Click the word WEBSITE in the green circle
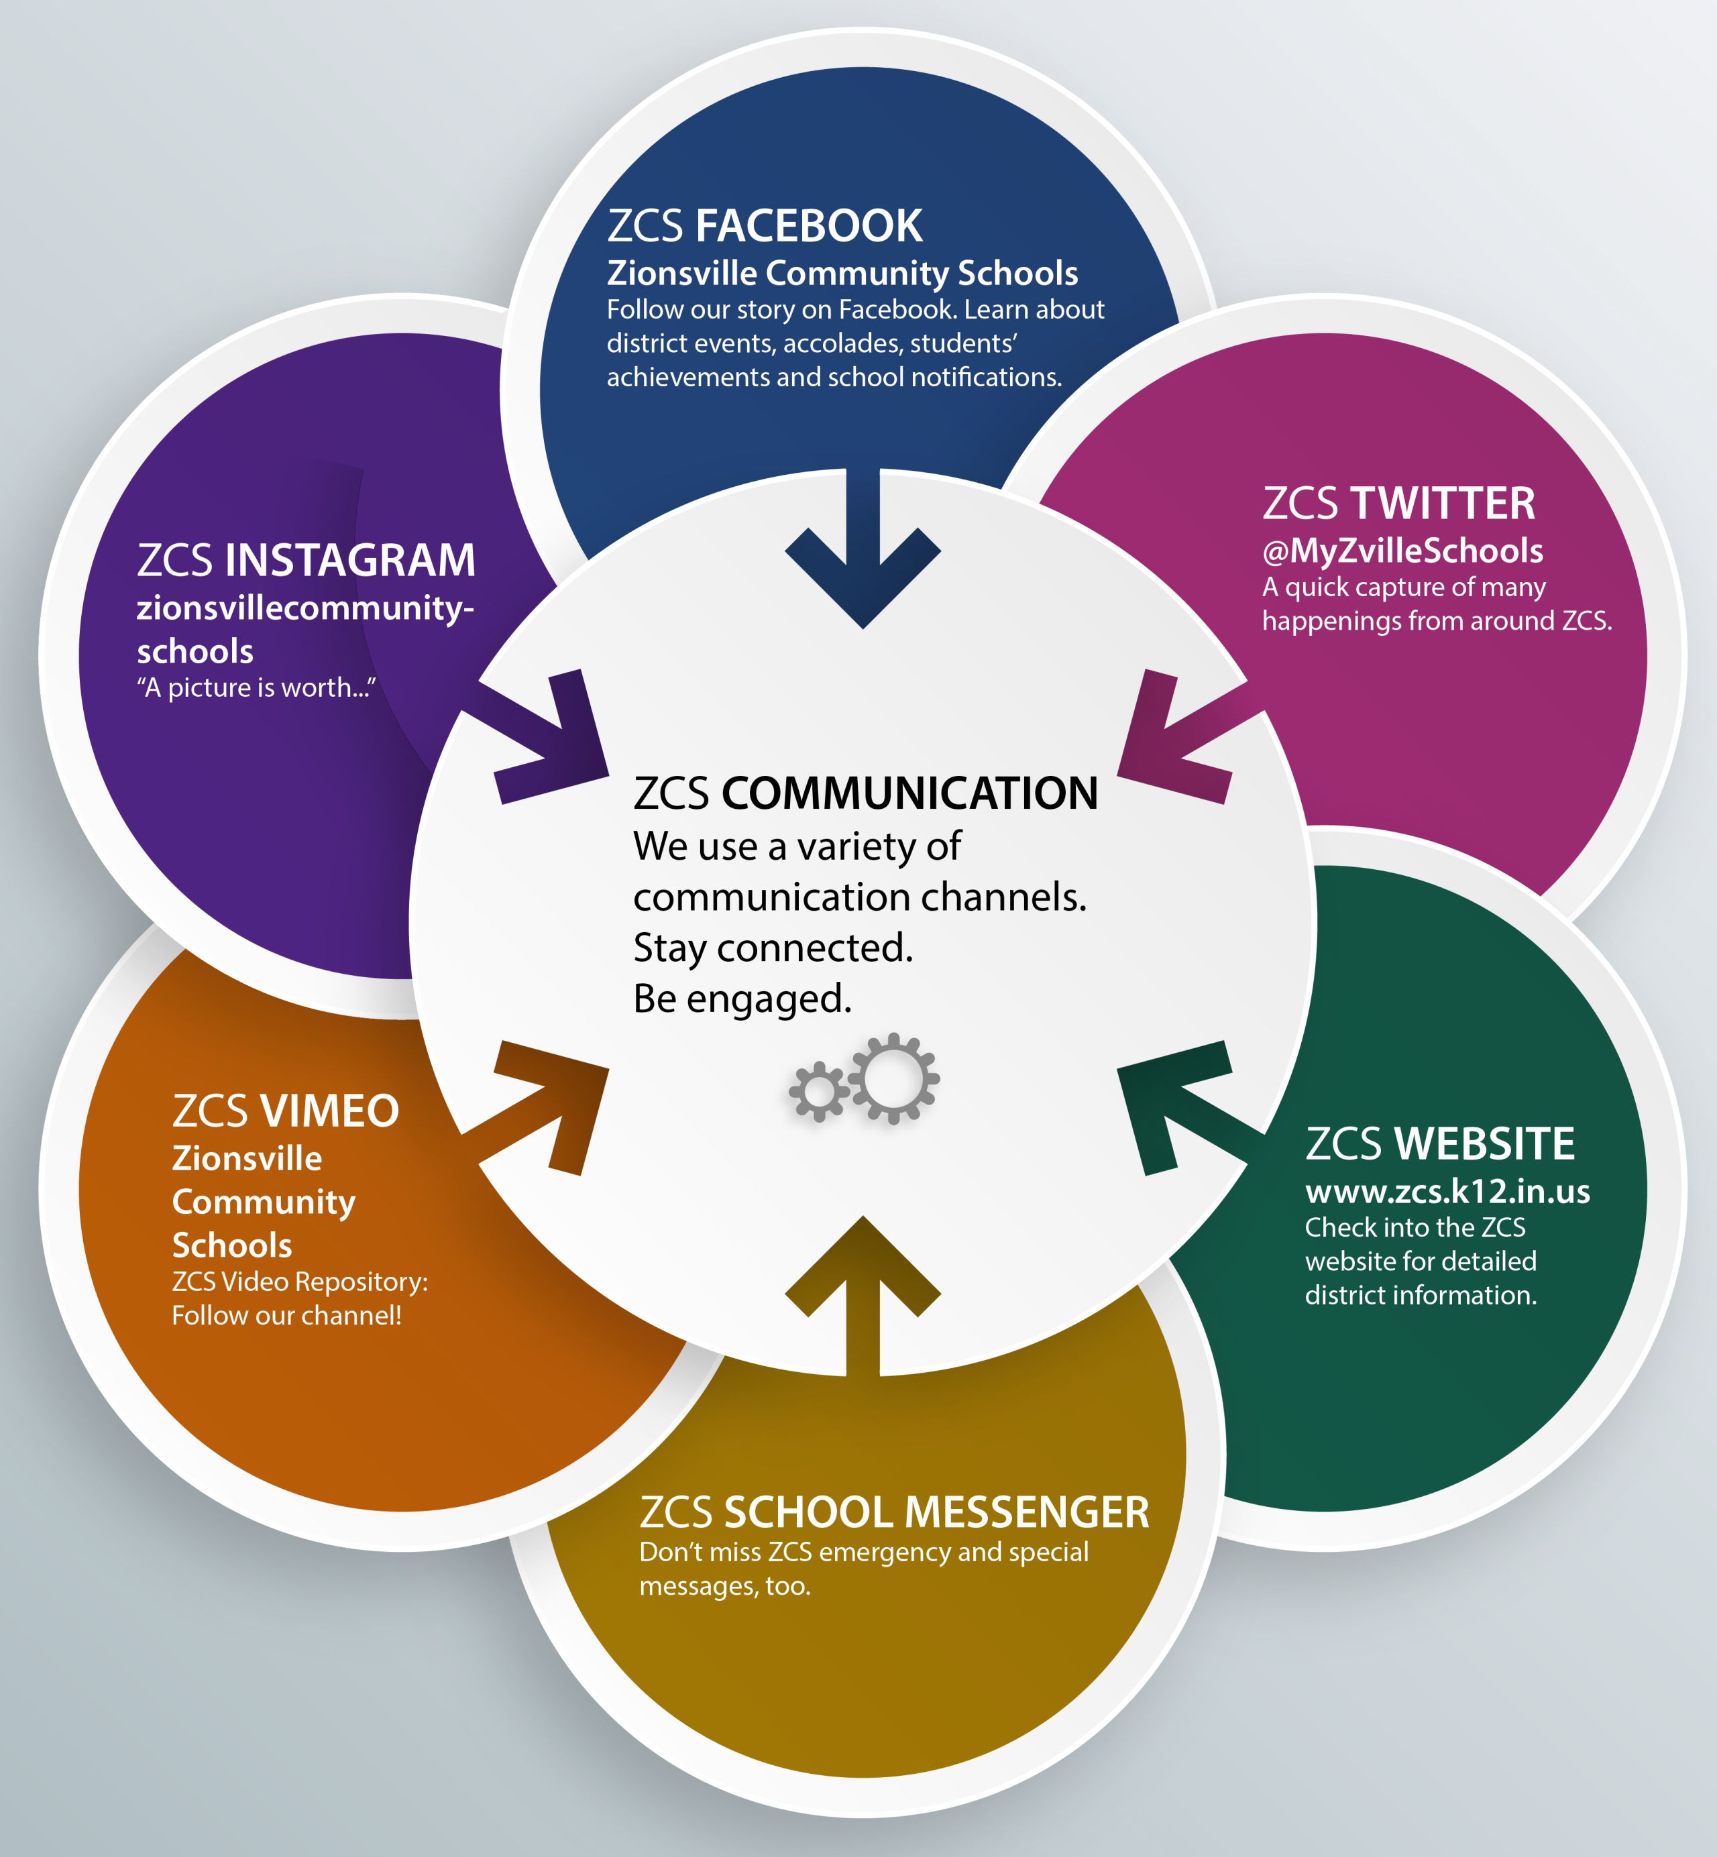(x=1486, y=1143)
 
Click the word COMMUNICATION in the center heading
(x=909, y=793)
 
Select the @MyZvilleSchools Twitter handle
(x=1402, y=551)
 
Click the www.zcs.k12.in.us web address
(x=1447, y=1191)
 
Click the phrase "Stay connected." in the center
(x=773, y=948)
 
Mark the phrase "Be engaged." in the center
(x=742, y=999)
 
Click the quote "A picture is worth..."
(x=256, y=687)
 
